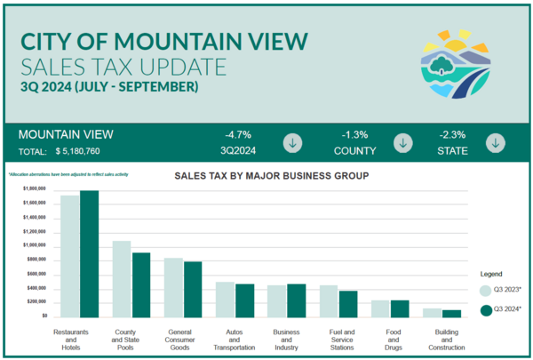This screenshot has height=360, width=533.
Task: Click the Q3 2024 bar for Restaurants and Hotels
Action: pos(89,253)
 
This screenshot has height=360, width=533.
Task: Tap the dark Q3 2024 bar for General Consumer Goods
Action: pos(194,288)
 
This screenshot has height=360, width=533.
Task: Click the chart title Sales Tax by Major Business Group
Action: pos(271,176)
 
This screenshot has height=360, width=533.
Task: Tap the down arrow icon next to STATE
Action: pos(495,142)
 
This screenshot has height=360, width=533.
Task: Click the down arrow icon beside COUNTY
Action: pos(403,142)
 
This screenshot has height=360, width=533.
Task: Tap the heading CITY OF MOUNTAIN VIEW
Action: pos(163,41)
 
